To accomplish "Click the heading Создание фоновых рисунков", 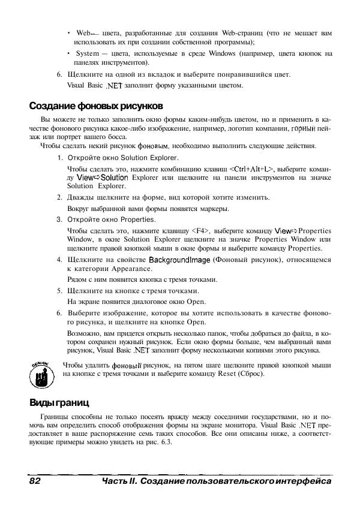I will [95, 106].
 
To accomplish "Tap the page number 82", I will [34, 481].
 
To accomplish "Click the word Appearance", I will [119, 270].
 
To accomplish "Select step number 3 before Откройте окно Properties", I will [59, 219].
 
